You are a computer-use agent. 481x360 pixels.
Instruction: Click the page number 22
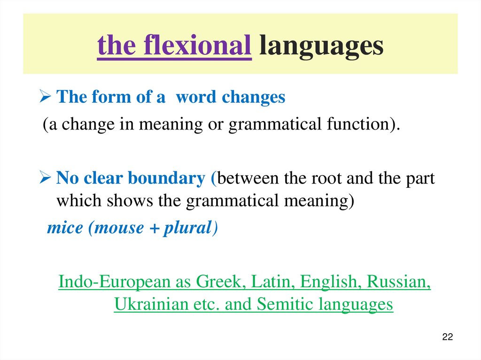[447, 337]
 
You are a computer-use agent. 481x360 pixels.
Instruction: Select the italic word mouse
[119, 228]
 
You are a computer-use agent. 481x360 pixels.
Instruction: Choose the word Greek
[220, 282]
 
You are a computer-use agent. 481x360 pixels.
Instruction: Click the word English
[331, 282]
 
